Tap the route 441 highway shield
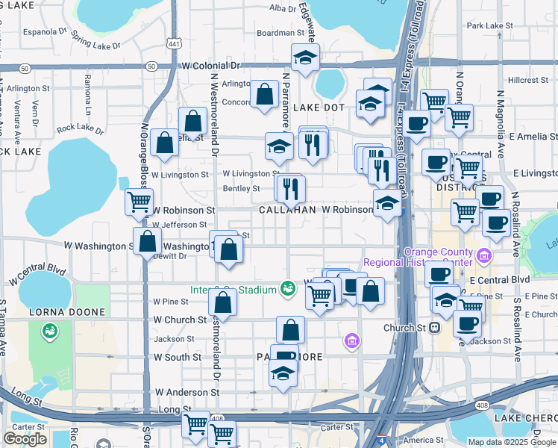point(174,44)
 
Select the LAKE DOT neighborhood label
point(319,108)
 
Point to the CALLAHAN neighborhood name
point(287,211)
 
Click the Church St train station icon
point(434,327)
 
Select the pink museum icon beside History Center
point(485,257)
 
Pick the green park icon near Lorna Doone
point(50,329)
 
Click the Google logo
point(25,439)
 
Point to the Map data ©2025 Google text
point(512,441)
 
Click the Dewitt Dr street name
point(168,256)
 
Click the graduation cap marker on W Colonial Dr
point(304,57)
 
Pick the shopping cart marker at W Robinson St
point(139,201)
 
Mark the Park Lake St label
point(490,25)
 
